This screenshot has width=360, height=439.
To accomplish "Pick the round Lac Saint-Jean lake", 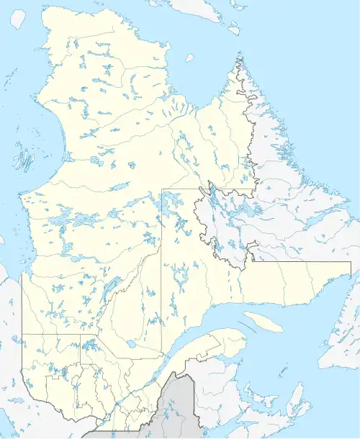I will click(132, 346).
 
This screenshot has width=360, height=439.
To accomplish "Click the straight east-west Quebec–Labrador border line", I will click(302, 262).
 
